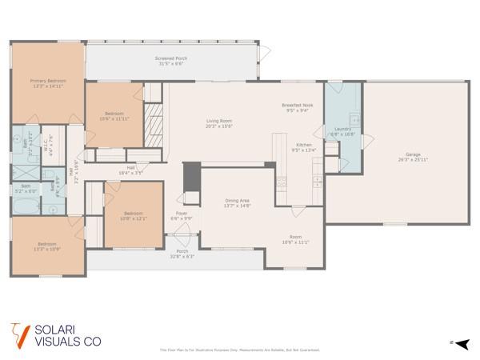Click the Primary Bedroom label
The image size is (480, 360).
coord(47,80)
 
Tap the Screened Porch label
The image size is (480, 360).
coord(170,58)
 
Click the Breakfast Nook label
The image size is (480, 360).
coord(297,106)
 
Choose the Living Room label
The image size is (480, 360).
coord(218,120)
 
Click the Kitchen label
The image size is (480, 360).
coord(304,144)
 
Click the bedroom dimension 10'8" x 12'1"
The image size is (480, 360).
coord(134,218)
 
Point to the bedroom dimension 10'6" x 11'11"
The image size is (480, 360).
coord(114,118)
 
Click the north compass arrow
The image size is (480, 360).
coord(457,342)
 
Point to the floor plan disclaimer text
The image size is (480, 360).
coord(240,350)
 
